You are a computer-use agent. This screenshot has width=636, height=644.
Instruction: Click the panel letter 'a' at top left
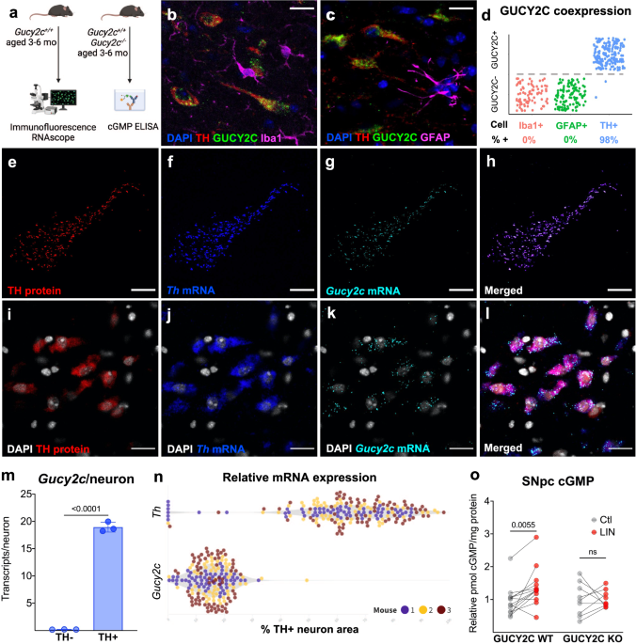click(x=8, y=11)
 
